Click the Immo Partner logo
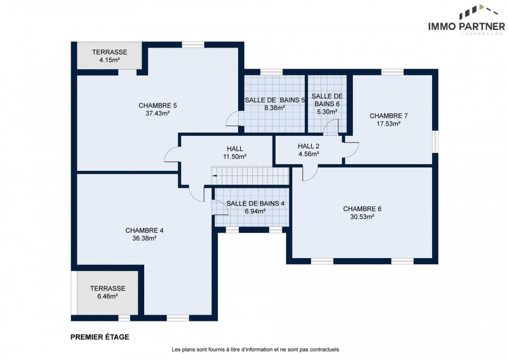(x=467, y=20)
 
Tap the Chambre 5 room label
(x=157, y=106)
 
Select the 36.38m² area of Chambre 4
(x=144, y=238)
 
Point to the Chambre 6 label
(x=362, y=209)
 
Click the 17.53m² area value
(x=389, y=123)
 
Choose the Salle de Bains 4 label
(x=256, y=203)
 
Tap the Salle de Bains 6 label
(x=327, y=100)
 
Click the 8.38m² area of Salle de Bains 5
(x=274, y=108)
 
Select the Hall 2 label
(x=308, y=146)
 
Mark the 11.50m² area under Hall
(x=235, y=156)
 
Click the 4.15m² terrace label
(x=109, y=60)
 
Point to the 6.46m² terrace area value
(x=107, y=296)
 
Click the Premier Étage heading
(x=100, y=337)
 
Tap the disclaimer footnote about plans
(x=255, y=350)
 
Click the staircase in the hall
(x=251, y=176)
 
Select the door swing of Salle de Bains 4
(x=220, y=207)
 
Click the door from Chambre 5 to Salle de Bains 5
(x=232, y=118)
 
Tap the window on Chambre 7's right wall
(x=435, y=142)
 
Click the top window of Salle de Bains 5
(x=271, y=72)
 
